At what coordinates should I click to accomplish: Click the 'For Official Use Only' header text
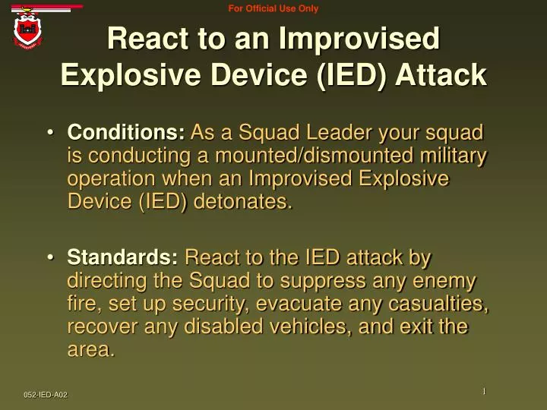click(x=273, y=8)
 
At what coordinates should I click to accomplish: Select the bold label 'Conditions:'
click(x=126, y=133)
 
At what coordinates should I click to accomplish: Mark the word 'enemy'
click(x=444, y=281)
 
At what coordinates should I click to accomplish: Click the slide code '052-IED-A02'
click(x=45, y=394)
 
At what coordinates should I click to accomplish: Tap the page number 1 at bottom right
click(x=483, y=391)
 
